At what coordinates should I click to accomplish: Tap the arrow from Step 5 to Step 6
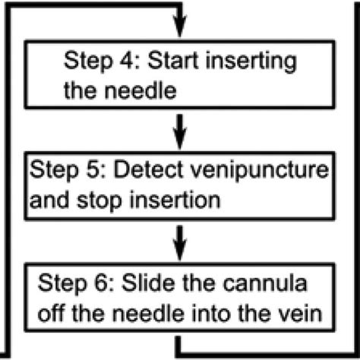point(180,243)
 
